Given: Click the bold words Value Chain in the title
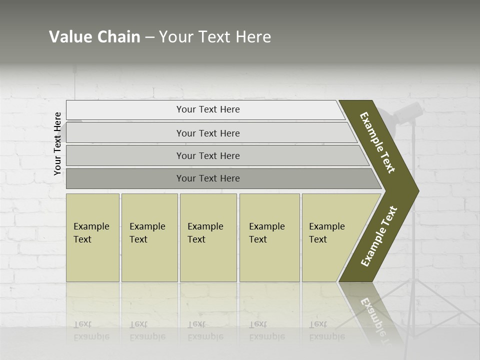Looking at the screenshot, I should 94,37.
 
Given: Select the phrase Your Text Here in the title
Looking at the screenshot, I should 215,37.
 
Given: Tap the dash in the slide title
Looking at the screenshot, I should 149,37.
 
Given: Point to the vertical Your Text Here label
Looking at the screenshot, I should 57,143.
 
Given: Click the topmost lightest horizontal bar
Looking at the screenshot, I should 207,109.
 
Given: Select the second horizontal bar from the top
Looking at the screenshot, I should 207,133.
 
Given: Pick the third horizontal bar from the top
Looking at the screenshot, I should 207,155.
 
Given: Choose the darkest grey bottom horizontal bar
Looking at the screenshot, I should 207,178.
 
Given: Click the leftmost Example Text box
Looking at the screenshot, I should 92,237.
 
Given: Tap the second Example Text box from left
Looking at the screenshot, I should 149,237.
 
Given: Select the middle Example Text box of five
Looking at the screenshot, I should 208,237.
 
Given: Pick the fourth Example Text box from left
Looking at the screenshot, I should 269,237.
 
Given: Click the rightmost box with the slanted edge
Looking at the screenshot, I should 330,237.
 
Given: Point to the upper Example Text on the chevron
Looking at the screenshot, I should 377,142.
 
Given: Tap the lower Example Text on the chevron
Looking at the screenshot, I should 379,236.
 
